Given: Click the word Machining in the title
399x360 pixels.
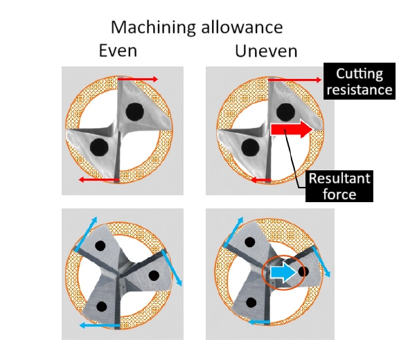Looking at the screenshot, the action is pos(153,27).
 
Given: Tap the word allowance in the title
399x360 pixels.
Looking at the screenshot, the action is pos(242,26).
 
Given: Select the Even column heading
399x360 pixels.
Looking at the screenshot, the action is pos(118,51).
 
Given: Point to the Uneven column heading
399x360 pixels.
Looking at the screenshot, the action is pos(266,51).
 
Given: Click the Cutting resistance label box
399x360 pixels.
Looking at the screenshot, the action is pos(360,81).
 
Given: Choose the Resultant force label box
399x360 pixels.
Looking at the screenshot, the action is pos(339,186).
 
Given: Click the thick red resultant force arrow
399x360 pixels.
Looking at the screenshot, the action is pos(292,129).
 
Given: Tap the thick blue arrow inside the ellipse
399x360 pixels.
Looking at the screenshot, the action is pos(283,272).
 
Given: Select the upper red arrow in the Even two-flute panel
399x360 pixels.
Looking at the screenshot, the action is pos(138,80).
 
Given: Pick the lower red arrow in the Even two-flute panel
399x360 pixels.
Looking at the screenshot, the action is pos(99,180).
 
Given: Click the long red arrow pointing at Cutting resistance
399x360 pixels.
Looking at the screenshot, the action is pos(295,80).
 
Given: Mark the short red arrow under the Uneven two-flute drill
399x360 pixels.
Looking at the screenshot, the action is pos(261,180).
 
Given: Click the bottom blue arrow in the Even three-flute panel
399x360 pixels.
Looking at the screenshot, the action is pos(100,325).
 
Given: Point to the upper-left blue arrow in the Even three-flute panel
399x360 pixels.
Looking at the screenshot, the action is pos(86,235).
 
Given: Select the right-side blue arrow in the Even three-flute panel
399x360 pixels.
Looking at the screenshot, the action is pos(172,268).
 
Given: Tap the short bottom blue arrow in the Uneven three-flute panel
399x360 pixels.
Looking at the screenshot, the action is pos(259,322).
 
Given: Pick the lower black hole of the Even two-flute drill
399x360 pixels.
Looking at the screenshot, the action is pos(99,147).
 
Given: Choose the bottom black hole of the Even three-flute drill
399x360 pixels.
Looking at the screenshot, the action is pos(102,307).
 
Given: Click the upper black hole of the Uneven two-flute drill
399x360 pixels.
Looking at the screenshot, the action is pos(286,112).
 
